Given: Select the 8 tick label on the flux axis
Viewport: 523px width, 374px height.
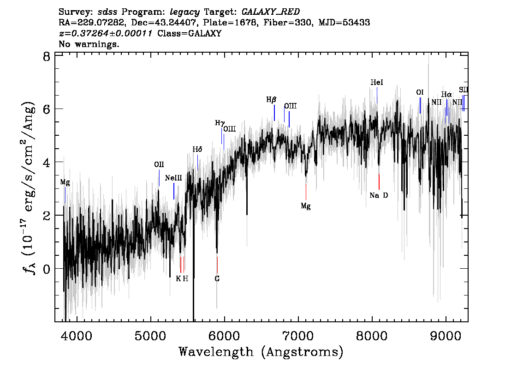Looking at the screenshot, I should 46,57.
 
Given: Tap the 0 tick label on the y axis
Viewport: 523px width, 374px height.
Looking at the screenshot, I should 46,269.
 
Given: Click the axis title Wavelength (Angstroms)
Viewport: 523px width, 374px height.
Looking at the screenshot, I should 261,352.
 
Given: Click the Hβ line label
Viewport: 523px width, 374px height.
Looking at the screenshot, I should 271,99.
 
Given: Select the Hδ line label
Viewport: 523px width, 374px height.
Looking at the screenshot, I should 197,149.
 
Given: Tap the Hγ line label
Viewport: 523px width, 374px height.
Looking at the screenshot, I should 220,123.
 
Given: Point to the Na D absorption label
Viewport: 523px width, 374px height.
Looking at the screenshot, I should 379,195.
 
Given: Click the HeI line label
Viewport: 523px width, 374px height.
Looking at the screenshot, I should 377,83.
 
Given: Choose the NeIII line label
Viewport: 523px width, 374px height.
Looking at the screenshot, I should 173,178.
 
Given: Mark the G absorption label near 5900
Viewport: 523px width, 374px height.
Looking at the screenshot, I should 217,279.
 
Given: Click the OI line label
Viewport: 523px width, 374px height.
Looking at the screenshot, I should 420,92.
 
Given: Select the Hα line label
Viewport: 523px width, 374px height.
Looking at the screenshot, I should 446,94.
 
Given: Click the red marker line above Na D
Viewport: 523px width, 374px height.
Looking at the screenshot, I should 379,181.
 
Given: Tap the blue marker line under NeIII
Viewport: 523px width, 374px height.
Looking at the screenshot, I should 174,191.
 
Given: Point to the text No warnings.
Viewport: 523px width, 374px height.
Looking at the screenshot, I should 89,45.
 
